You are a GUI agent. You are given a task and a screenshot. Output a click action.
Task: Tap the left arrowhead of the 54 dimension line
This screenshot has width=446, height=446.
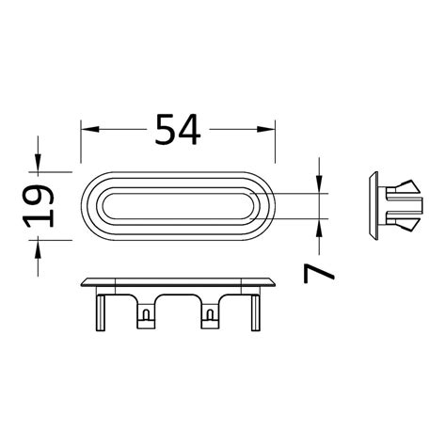pyautogui.click(x=86, y=128)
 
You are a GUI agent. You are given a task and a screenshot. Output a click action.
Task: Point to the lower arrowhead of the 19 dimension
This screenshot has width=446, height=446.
pyautogui.click(x=40, y=247)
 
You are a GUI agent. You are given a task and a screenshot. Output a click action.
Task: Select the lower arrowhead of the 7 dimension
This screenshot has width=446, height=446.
pyautogui.click(x=321, y=230)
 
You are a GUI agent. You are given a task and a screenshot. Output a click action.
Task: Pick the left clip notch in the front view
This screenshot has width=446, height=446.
pyautogui.click(x=147, y=319)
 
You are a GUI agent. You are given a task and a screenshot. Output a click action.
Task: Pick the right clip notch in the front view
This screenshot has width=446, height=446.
pyautogui.click(x=209, y=319)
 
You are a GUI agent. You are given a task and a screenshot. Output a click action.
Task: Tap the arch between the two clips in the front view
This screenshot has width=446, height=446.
pyautogui.click(x=178, y=303)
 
